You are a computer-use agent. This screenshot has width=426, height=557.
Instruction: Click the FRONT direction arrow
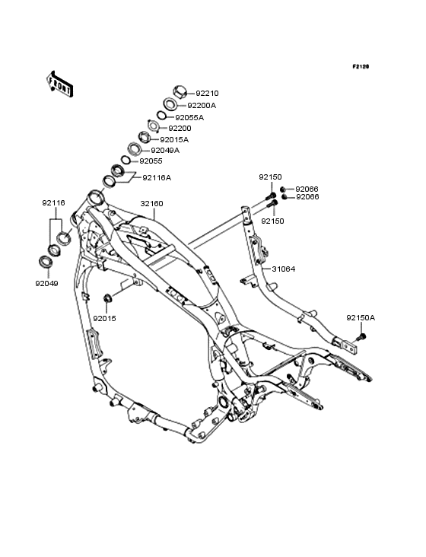tap(60, 84)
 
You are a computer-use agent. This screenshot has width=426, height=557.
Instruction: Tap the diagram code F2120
tap(361, 66)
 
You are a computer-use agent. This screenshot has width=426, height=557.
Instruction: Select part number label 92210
tap(208, 94)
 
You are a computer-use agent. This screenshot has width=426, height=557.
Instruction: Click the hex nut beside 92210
tap(180, 92)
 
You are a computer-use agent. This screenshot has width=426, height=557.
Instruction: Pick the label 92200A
tap(202, 106)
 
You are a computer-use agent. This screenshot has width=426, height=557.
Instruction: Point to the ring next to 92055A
tap(161, 116)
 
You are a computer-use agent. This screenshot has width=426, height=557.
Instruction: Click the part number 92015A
tap(174, 139)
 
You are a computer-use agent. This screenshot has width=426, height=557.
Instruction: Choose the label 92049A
tap(165, 150)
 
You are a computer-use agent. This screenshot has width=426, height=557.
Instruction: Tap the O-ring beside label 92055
tap(126, 161)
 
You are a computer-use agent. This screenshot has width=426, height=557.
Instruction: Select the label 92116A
tap(157, 177)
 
